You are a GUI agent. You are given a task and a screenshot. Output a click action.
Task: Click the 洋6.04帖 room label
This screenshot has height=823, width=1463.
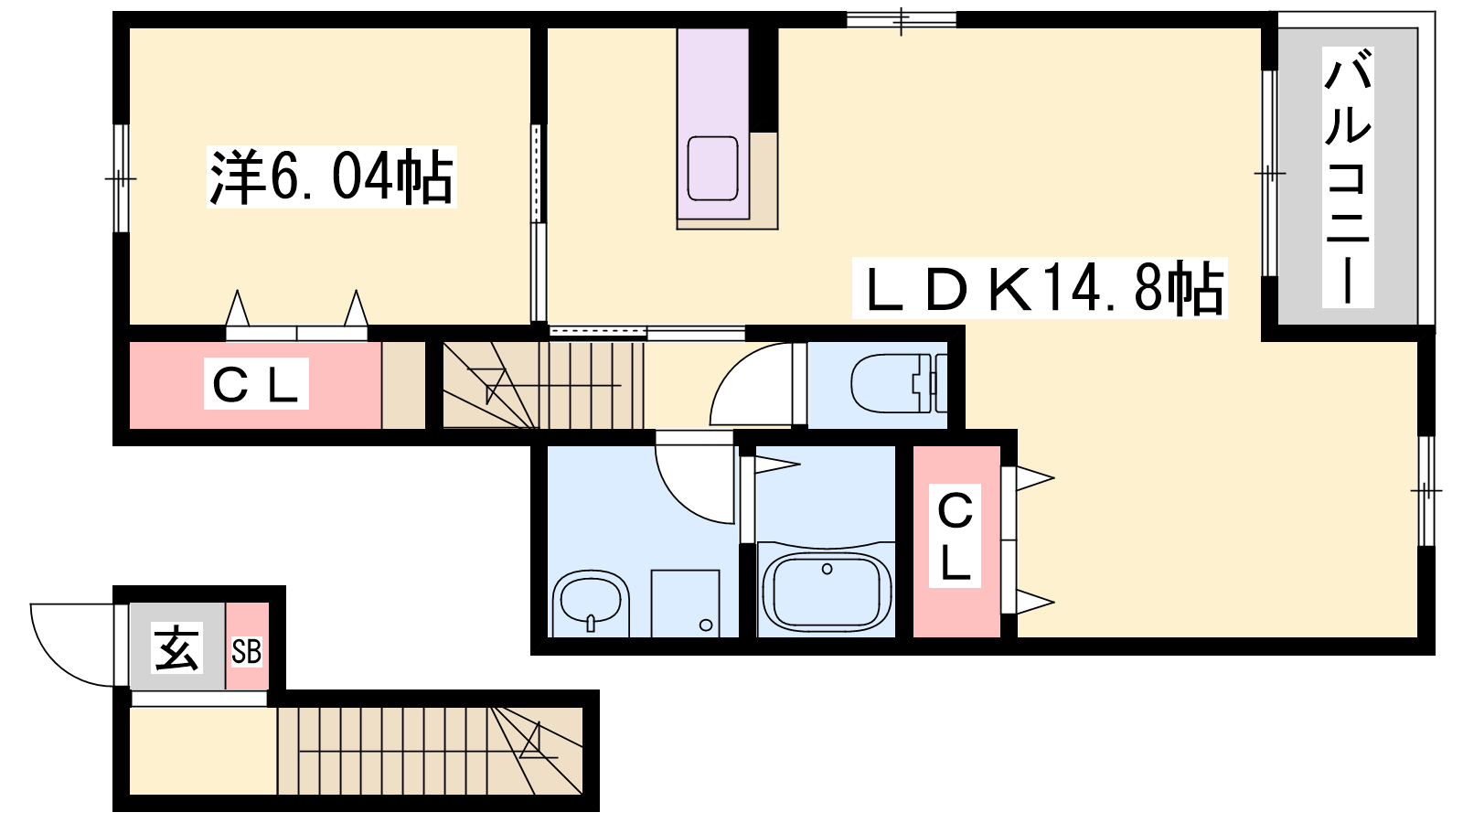(331, 176)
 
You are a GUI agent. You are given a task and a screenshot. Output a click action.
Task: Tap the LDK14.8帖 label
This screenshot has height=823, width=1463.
(1040, 288)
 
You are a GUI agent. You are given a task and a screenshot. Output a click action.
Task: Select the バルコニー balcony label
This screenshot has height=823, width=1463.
(1348, 177)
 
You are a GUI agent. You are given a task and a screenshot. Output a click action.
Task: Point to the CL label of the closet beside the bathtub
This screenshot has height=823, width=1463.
(955, 537)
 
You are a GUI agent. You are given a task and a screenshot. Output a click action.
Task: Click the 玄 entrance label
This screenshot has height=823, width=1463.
(176, 648)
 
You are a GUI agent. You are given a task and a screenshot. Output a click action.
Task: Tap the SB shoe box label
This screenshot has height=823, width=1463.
(247, 652)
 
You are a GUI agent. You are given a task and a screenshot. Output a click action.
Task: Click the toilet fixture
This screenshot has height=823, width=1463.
(899, 383)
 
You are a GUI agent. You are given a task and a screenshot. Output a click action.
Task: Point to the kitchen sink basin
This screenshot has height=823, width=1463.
(712, 168)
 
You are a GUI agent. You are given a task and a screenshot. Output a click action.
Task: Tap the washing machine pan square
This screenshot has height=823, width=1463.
(685, 603)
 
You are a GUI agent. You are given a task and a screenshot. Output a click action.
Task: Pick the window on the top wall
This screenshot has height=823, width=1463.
(902, 19)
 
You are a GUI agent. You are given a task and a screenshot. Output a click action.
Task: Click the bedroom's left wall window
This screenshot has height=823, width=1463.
(121, 177)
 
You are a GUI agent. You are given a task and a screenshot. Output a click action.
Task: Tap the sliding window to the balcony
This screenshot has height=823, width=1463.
(1270, 173)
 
